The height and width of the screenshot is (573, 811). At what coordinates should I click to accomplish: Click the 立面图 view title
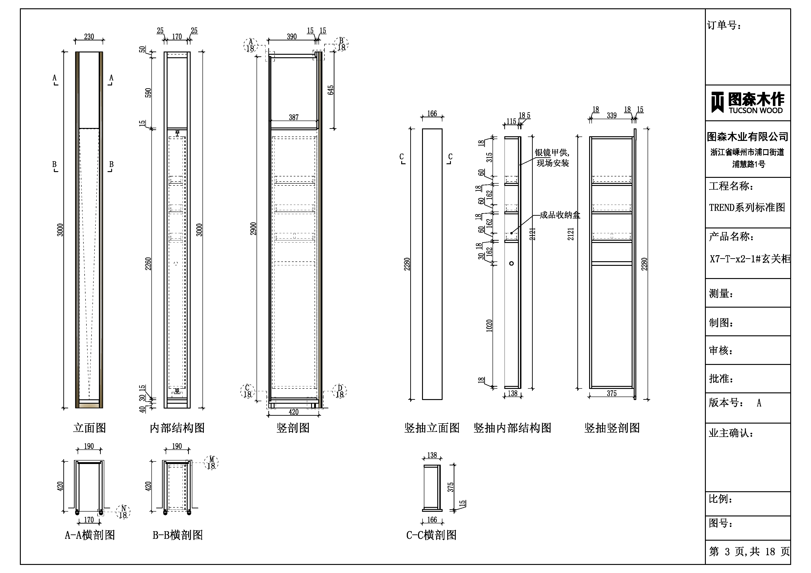[x=89, y=428]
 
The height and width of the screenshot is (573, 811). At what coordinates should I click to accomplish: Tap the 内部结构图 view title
[x=177, y=428]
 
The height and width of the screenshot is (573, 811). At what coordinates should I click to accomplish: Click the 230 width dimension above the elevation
[x=89, y=37]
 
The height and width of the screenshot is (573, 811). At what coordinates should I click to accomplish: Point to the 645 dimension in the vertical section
[x=331, y=90]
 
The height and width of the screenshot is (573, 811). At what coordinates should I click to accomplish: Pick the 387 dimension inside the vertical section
[x=294, y=117]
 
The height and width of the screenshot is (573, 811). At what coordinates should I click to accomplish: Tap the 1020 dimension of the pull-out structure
[x=489, y=325]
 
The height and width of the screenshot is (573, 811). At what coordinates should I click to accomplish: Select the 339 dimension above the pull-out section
[x=612, y=115]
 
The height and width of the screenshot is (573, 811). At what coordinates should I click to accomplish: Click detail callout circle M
[x=211, y=463]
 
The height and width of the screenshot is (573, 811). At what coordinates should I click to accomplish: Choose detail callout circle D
[x=340, y=391]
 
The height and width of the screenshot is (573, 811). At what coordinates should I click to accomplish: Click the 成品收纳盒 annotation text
[x=560, y=215]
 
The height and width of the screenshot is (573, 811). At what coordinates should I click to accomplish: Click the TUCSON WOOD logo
[x=747, y=102]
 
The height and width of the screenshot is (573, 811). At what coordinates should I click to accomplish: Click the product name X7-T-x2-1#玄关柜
[x=750, y=259]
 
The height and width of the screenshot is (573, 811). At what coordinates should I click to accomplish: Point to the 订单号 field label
[x=724, y=25]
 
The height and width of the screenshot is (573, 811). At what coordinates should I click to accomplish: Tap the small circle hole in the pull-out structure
[x=511, y=263]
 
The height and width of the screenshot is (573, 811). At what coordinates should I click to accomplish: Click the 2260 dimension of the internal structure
[x=148, y=264]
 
